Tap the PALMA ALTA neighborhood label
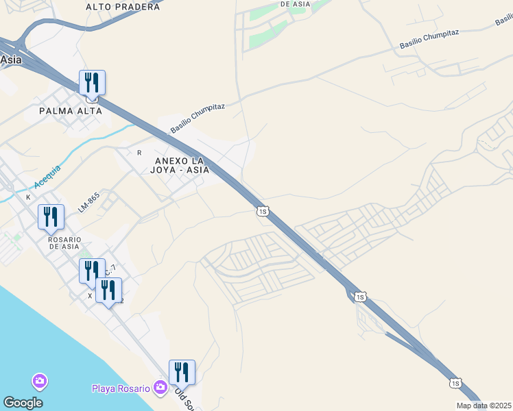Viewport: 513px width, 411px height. pyautogui.click(x=65, y=110)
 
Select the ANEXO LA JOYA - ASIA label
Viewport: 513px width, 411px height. pyautogui.click(x=177, y=165)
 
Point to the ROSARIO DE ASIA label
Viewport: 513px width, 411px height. pyautogui.click(x=64, y=243)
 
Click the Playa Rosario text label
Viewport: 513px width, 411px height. pyautogui.click(x=121, y=388)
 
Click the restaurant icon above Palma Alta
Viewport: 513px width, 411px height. pyautogui.click(x=91, y=83)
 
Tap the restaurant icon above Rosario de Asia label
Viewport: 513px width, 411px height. pyautogui.click(x=51, y=217)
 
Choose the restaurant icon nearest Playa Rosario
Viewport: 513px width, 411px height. pyautogui.click(x=182, y=373)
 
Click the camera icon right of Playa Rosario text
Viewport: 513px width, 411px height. pyautogui.click(x=160, y=388)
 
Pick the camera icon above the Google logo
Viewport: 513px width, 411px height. pyautogui.click(x=39, y=380)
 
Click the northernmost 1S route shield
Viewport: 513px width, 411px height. pyautogui.click(x=262, y=212)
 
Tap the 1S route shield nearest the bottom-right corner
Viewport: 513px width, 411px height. pyautogui.click(x=455, y=382)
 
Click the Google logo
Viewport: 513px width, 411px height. pyautogui.click(x=23, y=403)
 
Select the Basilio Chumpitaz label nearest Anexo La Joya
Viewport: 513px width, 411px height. pyautogui.click(x=198, y=119)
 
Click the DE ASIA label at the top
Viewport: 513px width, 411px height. pyautogui.click(x=296, y=4)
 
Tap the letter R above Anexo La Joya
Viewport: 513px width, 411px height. pyautogui.click(x=139, y=152)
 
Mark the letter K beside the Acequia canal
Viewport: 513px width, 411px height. pyautogui.click(x=28, y=197)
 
